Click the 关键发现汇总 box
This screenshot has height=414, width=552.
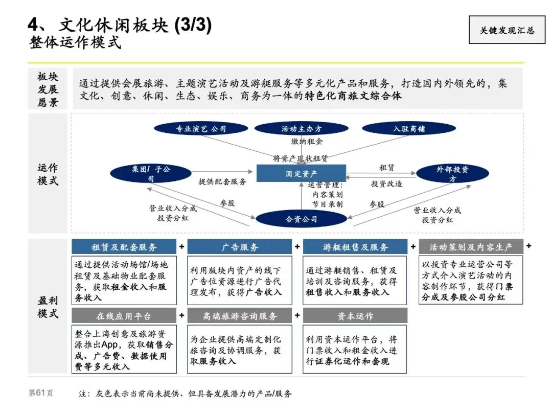coord(507,30)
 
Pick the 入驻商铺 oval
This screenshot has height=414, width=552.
coord(409,129)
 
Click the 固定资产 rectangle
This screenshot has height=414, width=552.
coord(301,174)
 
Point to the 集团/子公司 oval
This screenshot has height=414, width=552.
coord(150,174)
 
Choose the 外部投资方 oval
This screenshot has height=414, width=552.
coord(452,174)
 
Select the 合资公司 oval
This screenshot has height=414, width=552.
coord(301,219)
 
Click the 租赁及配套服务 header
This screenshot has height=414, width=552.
coord(124,247)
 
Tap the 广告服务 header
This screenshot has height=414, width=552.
coord(240,247)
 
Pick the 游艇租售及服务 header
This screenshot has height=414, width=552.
coord(355,247)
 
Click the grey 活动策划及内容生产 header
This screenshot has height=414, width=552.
coord(471,247)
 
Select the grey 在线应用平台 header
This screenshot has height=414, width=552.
coord(124,316)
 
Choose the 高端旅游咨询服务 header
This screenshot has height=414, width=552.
coord(240,316)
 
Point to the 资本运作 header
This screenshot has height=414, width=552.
coord(355,316)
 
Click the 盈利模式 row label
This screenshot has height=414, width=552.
coord(48,306)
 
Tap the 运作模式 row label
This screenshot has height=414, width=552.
coord(48,174)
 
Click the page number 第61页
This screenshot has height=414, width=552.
coord(40,394)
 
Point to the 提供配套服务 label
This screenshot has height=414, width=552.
coord(222,181)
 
